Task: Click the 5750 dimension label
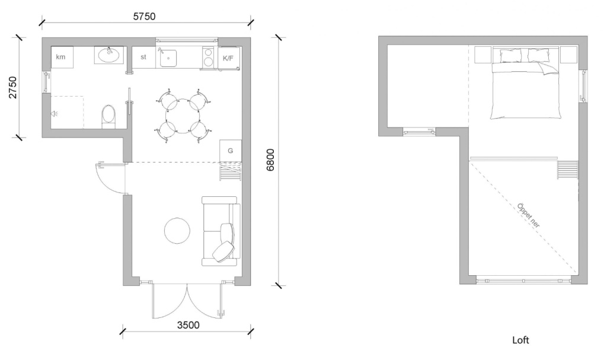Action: click(144, 16)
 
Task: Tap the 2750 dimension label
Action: click(13, 87)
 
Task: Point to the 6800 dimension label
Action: click(270, 160)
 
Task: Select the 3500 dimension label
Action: click(188, 325)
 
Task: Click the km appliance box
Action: click(62, 58)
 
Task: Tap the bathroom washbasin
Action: click(109, 55)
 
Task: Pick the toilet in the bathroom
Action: click(109, 117)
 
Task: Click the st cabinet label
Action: click(143, 57)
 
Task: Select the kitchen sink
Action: click(168, 58)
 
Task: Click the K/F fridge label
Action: click(228, 59)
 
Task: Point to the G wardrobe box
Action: click(231, 151)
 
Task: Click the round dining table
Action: click(183, 116)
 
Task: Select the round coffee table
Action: click(177, 231)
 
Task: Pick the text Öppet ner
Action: click(528, 215)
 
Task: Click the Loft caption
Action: click(520, 340)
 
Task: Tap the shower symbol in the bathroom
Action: click(54, 113)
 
